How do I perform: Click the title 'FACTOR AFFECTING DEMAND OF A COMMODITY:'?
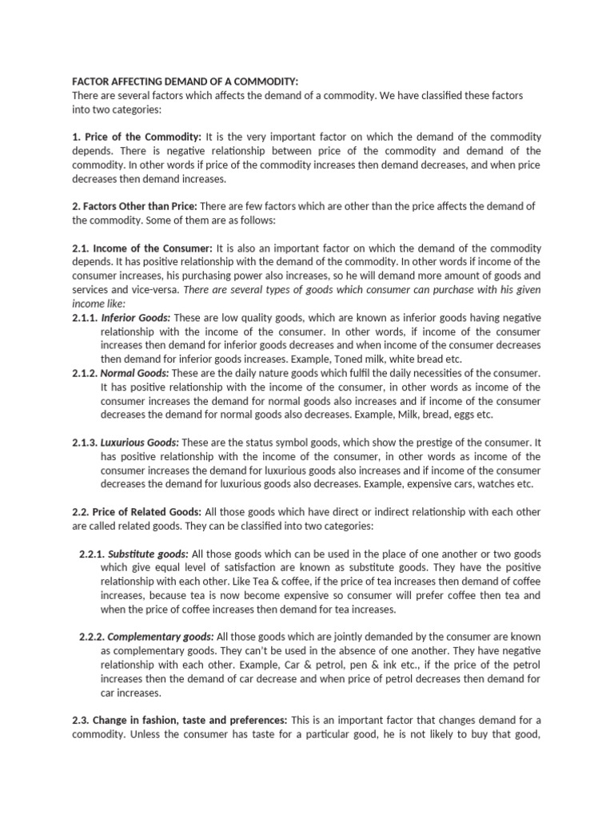coord(185,81)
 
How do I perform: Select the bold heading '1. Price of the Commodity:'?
coord(137,137)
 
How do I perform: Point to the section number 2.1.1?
coord(84,317)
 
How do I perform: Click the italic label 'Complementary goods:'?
coord(160,637)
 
